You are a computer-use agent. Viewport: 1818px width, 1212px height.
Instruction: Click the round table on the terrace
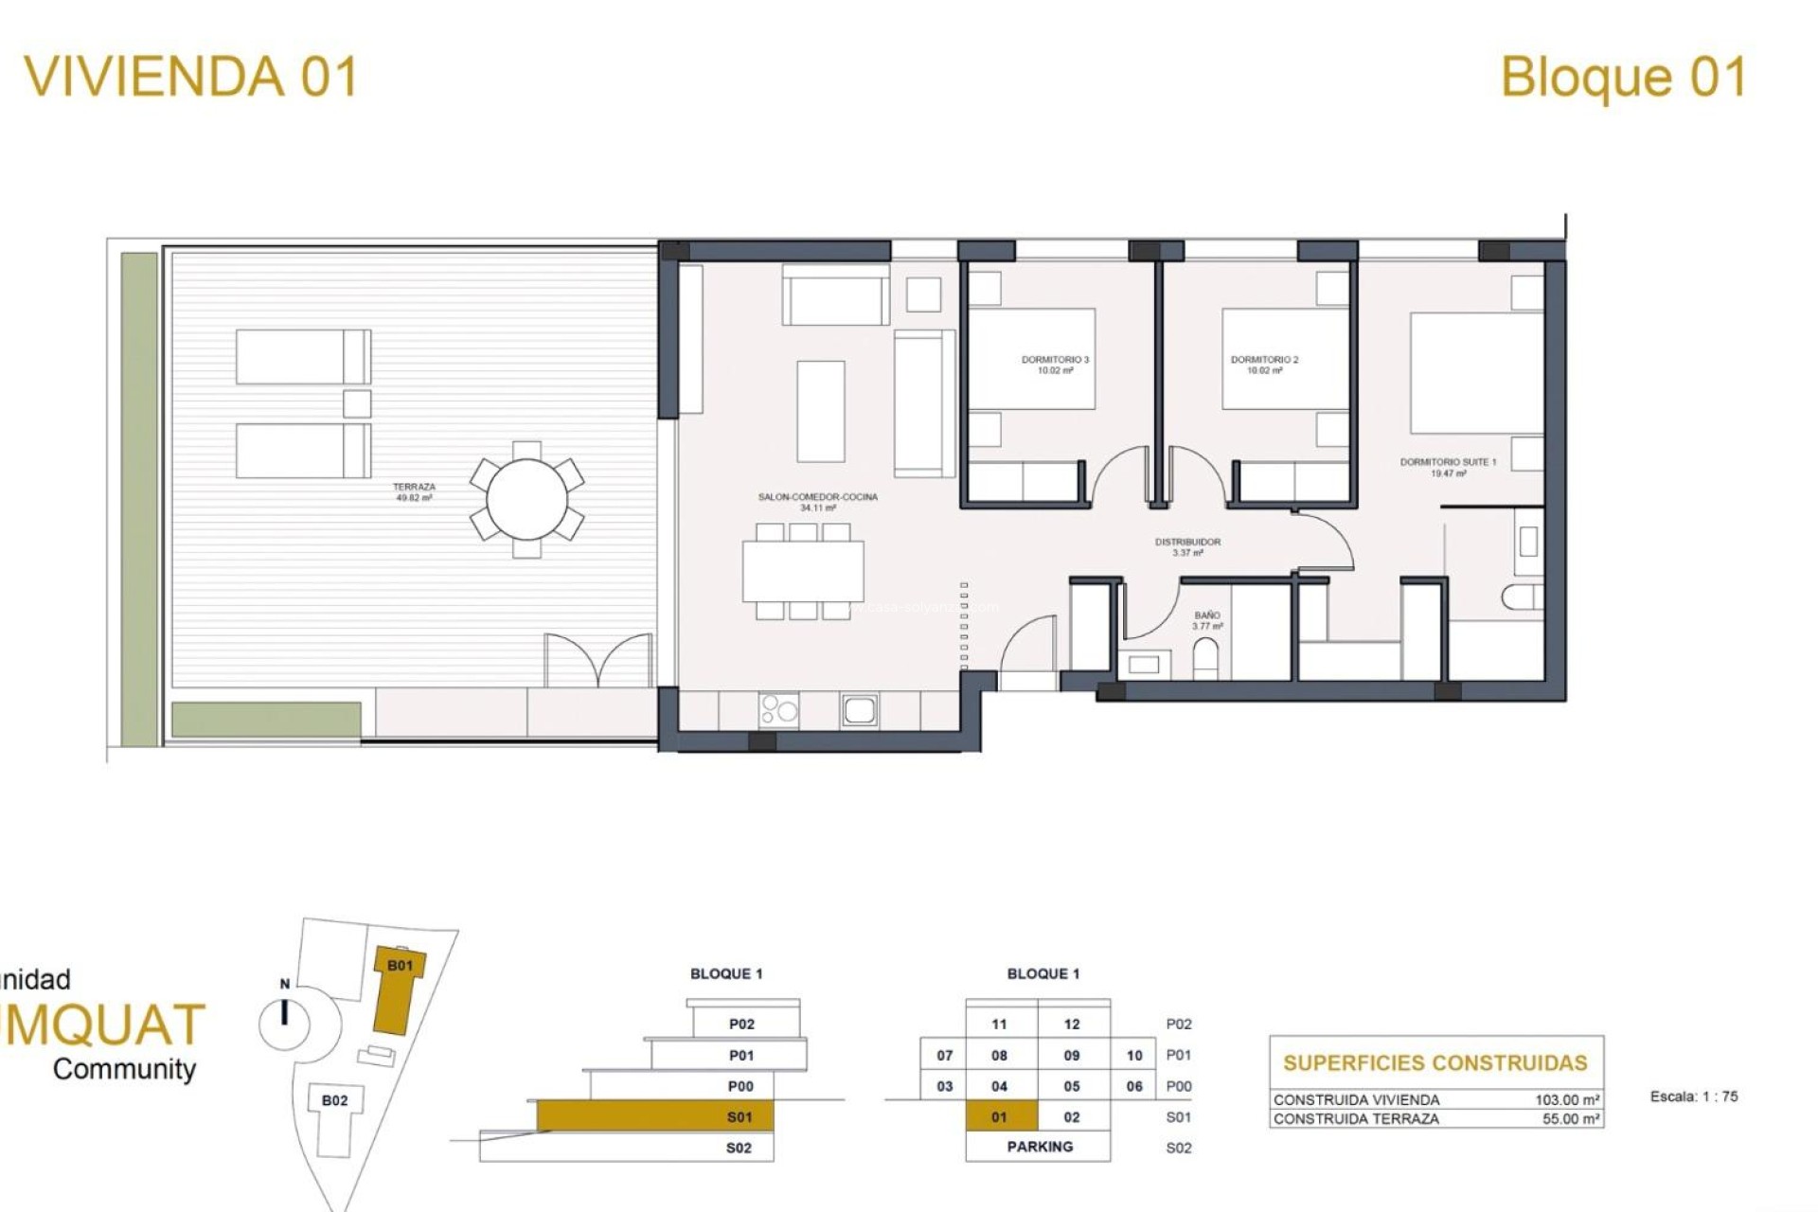526,499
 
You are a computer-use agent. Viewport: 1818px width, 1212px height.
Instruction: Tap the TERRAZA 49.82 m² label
414,492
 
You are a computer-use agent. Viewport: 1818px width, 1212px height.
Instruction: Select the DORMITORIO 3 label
1055,365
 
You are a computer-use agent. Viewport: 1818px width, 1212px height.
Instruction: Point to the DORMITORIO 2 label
1264,365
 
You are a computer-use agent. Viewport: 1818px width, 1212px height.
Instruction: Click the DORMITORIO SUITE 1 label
1448,468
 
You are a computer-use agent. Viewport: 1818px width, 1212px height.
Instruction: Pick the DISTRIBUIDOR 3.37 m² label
1187,547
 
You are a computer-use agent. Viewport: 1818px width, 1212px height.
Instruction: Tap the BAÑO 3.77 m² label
1207,621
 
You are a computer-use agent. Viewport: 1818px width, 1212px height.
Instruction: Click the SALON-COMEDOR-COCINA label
817,502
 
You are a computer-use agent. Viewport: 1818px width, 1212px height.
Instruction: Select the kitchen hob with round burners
778,709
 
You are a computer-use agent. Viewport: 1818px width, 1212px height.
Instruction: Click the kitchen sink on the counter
859,709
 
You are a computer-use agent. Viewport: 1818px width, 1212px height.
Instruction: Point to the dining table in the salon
803,571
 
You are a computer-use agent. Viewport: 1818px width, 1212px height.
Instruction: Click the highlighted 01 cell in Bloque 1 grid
1001,1117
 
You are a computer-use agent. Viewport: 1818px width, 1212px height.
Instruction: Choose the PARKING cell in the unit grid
1039,1147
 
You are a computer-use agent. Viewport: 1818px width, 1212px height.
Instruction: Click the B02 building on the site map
334,1100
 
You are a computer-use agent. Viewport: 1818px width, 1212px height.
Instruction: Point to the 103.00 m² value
1567,1100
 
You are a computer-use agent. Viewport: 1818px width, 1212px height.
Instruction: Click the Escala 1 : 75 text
1693,1096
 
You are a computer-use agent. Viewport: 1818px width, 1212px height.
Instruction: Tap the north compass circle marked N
285,1021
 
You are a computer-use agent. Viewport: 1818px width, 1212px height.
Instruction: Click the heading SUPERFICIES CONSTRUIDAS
1435,1062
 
